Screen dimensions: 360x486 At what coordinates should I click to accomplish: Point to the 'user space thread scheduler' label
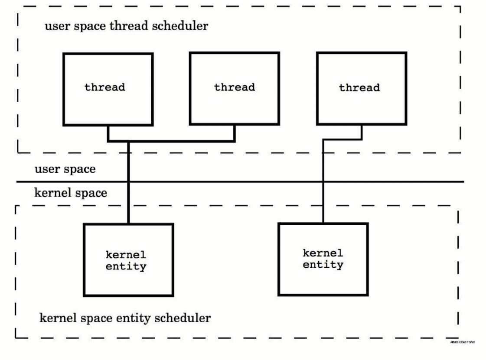[127, 26]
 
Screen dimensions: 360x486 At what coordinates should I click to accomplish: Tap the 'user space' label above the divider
[65, 169]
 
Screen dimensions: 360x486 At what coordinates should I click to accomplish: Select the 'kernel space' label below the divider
[71, 193]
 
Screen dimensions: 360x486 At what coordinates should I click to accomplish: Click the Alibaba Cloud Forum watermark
[463, 342]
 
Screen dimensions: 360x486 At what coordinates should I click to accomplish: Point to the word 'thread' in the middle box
[235, 87]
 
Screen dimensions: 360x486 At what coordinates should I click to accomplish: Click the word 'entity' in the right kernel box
[323, 264]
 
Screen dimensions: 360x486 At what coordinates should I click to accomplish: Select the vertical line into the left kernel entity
[129, 182]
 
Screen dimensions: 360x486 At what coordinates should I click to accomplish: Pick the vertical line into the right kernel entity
[323, 182]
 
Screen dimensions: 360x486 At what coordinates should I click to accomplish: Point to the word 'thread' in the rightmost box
[359, 88]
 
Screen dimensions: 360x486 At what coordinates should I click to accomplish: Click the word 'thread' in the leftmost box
[105, 87]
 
